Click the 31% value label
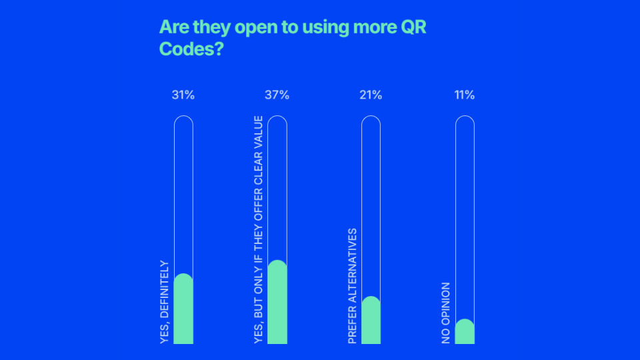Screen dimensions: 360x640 (183, 95)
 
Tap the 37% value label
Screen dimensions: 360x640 (277, 95)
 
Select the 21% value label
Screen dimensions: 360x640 (371, 95)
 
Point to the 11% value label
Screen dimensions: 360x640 (465, 95)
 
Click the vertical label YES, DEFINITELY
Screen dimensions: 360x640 (165, 302)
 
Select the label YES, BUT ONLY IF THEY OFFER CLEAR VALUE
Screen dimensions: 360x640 (259, 230)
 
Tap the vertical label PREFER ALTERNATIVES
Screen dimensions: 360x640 (353, 286)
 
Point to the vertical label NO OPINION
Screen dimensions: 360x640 (446, 313)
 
